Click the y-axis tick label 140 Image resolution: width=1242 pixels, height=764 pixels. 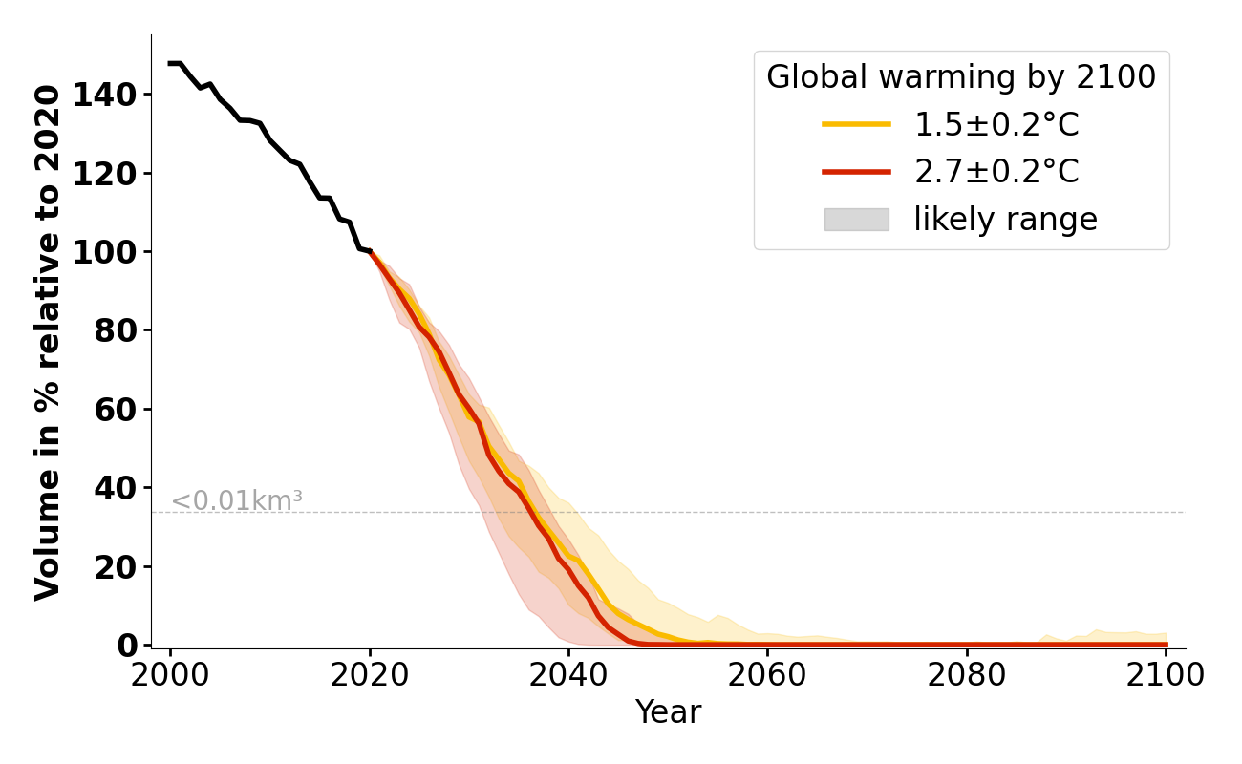pos(116,95)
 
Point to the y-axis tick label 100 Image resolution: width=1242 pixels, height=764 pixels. pos(116,252)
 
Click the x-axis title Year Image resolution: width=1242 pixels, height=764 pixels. pos(668,712)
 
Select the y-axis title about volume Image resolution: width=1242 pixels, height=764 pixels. pos(48,342)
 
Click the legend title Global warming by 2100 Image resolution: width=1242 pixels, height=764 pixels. pos(961,77)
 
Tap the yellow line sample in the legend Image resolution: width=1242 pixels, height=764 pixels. pos(856,124)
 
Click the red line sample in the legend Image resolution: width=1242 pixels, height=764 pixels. pos(856,172)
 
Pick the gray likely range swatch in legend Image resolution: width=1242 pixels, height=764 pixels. pos(856,220)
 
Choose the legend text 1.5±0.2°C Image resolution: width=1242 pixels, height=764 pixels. pos(996,124)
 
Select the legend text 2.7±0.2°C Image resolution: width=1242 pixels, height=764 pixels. pos(996,172)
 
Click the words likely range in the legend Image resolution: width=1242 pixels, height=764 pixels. pos(1005,220)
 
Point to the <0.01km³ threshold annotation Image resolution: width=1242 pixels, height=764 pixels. pos(236,500)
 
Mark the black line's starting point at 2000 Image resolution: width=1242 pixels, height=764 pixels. pos(171,63)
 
